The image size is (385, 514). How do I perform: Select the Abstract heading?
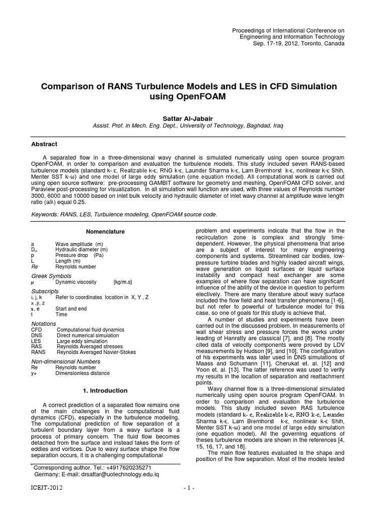click(44, 144)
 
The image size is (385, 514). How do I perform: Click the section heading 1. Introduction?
click(105, 391)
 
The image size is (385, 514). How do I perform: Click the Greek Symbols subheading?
click(51, 276)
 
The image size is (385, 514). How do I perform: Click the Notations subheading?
click(44, 324)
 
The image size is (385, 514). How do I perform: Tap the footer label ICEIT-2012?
click(48, 501)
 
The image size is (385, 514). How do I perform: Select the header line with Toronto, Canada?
click(300, 44)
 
